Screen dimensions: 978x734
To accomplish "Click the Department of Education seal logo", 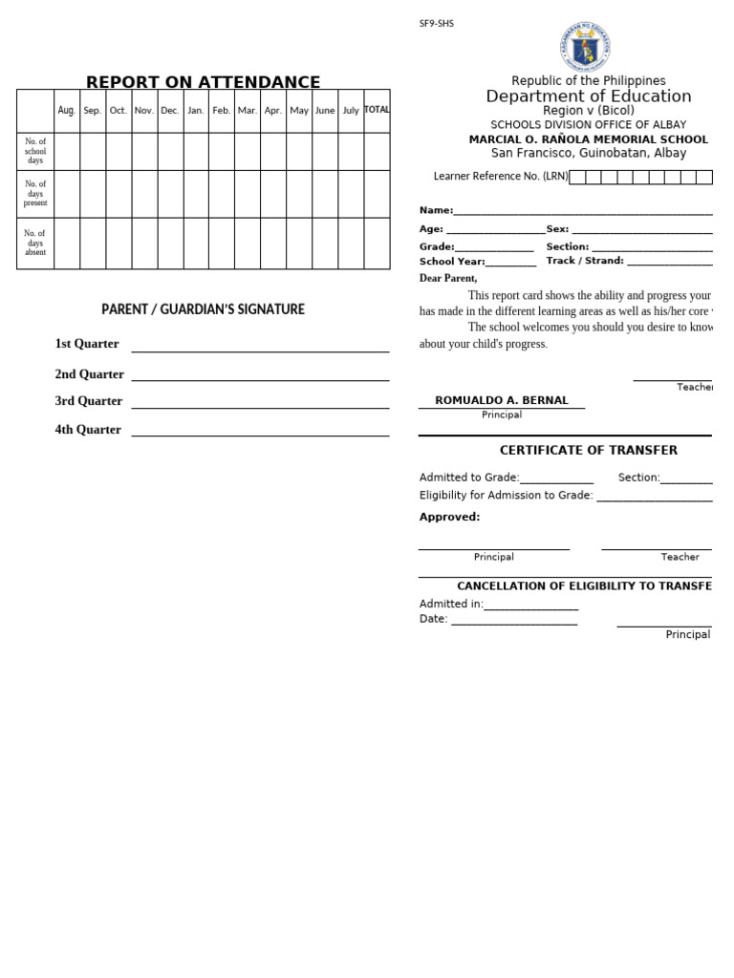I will tap(585, 47).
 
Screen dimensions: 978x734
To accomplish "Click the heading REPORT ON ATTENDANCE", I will tap(203, 82).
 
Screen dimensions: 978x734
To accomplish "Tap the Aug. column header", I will tap(66, 111).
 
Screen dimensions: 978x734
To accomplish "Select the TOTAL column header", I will tap(377, 110).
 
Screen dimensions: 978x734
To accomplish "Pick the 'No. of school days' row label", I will tap(35, 151).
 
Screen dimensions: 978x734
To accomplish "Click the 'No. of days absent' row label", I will tap(35, 243).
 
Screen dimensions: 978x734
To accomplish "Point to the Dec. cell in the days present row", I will tap(170, 194).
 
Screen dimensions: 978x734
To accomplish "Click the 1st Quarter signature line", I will tap(260, 351).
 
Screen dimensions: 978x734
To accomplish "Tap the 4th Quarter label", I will tap(88, 430).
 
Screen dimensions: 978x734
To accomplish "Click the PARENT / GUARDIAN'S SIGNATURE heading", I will tap(203, 309).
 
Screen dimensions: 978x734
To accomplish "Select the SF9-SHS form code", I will tap(436, 24).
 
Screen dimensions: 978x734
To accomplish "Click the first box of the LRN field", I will tap(577, 177).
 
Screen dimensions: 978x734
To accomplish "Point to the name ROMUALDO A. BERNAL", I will tap(501, 400).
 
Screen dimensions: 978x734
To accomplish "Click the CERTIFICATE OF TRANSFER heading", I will tap(588, 450).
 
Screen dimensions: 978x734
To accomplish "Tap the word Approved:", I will tap(449, 517).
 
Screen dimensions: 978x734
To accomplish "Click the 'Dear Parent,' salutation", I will tap(448, 278).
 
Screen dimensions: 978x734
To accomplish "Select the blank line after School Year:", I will tap(511, 265).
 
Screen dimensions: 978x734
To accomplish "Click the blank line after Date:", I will tap(514, 623).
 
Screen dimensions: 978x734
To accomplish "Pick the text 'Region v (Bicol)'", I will tap(588, 111).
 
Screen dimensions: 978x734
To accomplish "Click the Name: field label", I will tap(436, 210).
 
